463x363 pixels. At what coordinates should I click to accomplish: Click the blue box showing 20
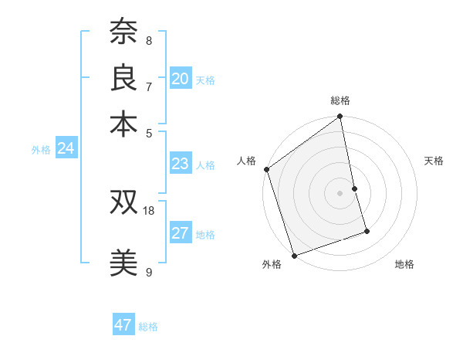[181, 79]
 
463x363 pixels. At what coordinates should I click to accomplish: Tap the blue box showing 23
[181, 164]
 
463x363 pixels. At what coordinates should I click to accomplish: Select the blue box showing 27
[181, 234]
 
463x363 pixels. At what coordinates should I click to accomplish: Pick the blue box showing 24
[66, 149]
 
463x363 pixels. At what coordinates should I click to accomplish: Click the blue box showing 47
[123, 325]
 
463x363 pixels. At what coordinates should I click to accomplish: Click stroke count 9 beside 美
[148, 272]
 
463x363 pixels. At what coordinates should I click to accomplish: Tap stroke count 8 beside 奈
[148, 41]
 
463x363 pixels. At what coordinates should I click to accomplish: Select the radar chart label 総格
[340, 100]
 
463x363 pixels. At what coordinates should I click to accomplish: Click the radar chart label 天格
[434, 161]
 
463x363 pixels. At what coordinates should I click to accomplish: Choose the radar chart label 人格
[246, 161]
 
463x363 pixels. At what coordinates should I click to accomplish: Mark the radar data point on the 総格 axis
[340, 117]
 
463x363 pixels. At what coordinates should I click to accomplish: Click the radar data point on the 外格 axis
[294, 256]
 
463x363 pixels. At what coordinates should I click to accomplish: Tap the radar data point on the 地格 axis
[367, 231]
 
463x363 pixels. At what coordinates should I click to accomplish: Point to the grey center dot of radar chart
[340, 192]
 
